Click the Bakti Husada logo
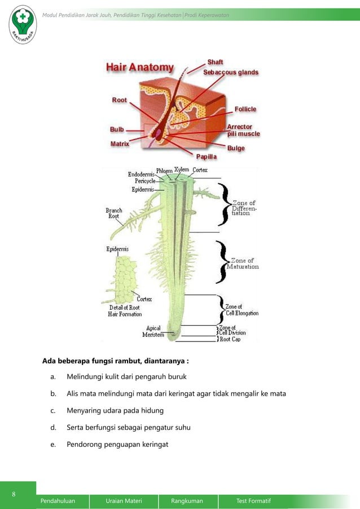click(x=23, y=23)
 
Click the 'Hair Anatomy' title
click(x=140, y=68)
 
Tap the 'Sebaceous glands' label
click(x=231, y=72)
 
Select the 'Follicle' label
click(x=245, y=109)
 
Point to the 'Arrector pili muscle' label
click(x=243, y=130)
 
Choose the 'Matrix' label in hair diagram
click(x=120, y=144)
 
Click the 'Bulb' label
click(x=117, y=129)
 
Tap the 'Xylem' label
click(x=181, y=169)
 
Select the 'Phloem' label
click(x=164, y=170)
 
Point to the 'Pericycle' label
click(x=145, y=181)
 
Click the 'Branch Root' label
click(x=114, y=213)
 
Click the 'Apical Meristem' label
click(x=153, y=331)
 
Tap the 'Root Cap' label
click(x=230, y=339)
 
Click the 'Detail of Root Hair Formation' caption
click(x=125, y=311)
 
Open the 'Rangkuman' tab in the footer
click(x=187, y=501)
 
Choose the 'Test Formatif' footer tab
click(x=254, y=501)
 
